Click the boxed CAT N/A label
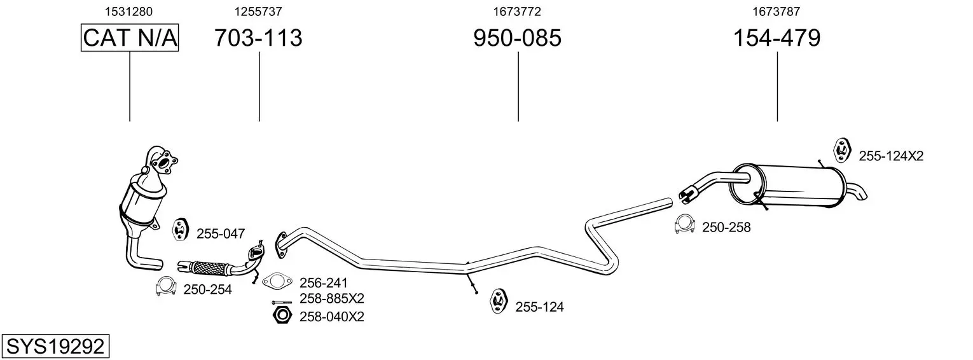coord(130,38)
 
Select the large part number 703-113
coord(258,38)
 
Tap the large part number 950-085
coord(517,38)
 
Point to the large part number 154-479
coord(776,38)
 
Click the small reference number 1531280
coord(128,11)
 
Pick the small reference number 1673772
coord(517,11)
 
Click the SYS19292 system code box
coord(55,347)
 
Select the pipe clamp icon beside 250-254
coord(165,286)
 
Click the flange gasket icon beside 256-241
coord(277,282)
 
